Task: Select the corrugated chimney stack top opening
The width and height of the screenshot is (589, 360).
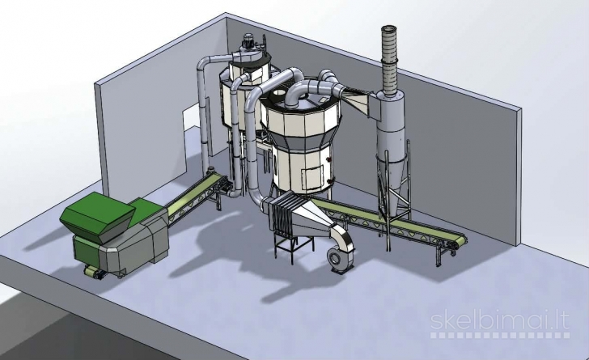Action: pos(390,29)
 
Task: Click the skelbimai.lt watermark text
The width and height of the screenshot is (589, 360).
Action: pos(500,321)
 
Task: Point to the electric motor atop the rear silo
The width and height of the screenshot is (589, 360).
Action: pos(248,40)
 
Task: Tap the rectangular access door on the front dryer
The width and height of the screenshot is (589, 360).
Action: pos(312,178)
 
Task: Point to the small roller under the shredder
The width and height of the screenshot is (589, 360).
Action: pos(92,272)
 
